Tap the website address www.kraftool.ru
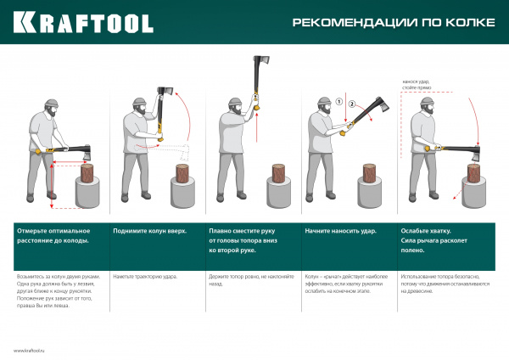pyautogui.click(x=33, y=350)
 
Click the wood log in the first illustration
pyautogui.click(x=88, y=174)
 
